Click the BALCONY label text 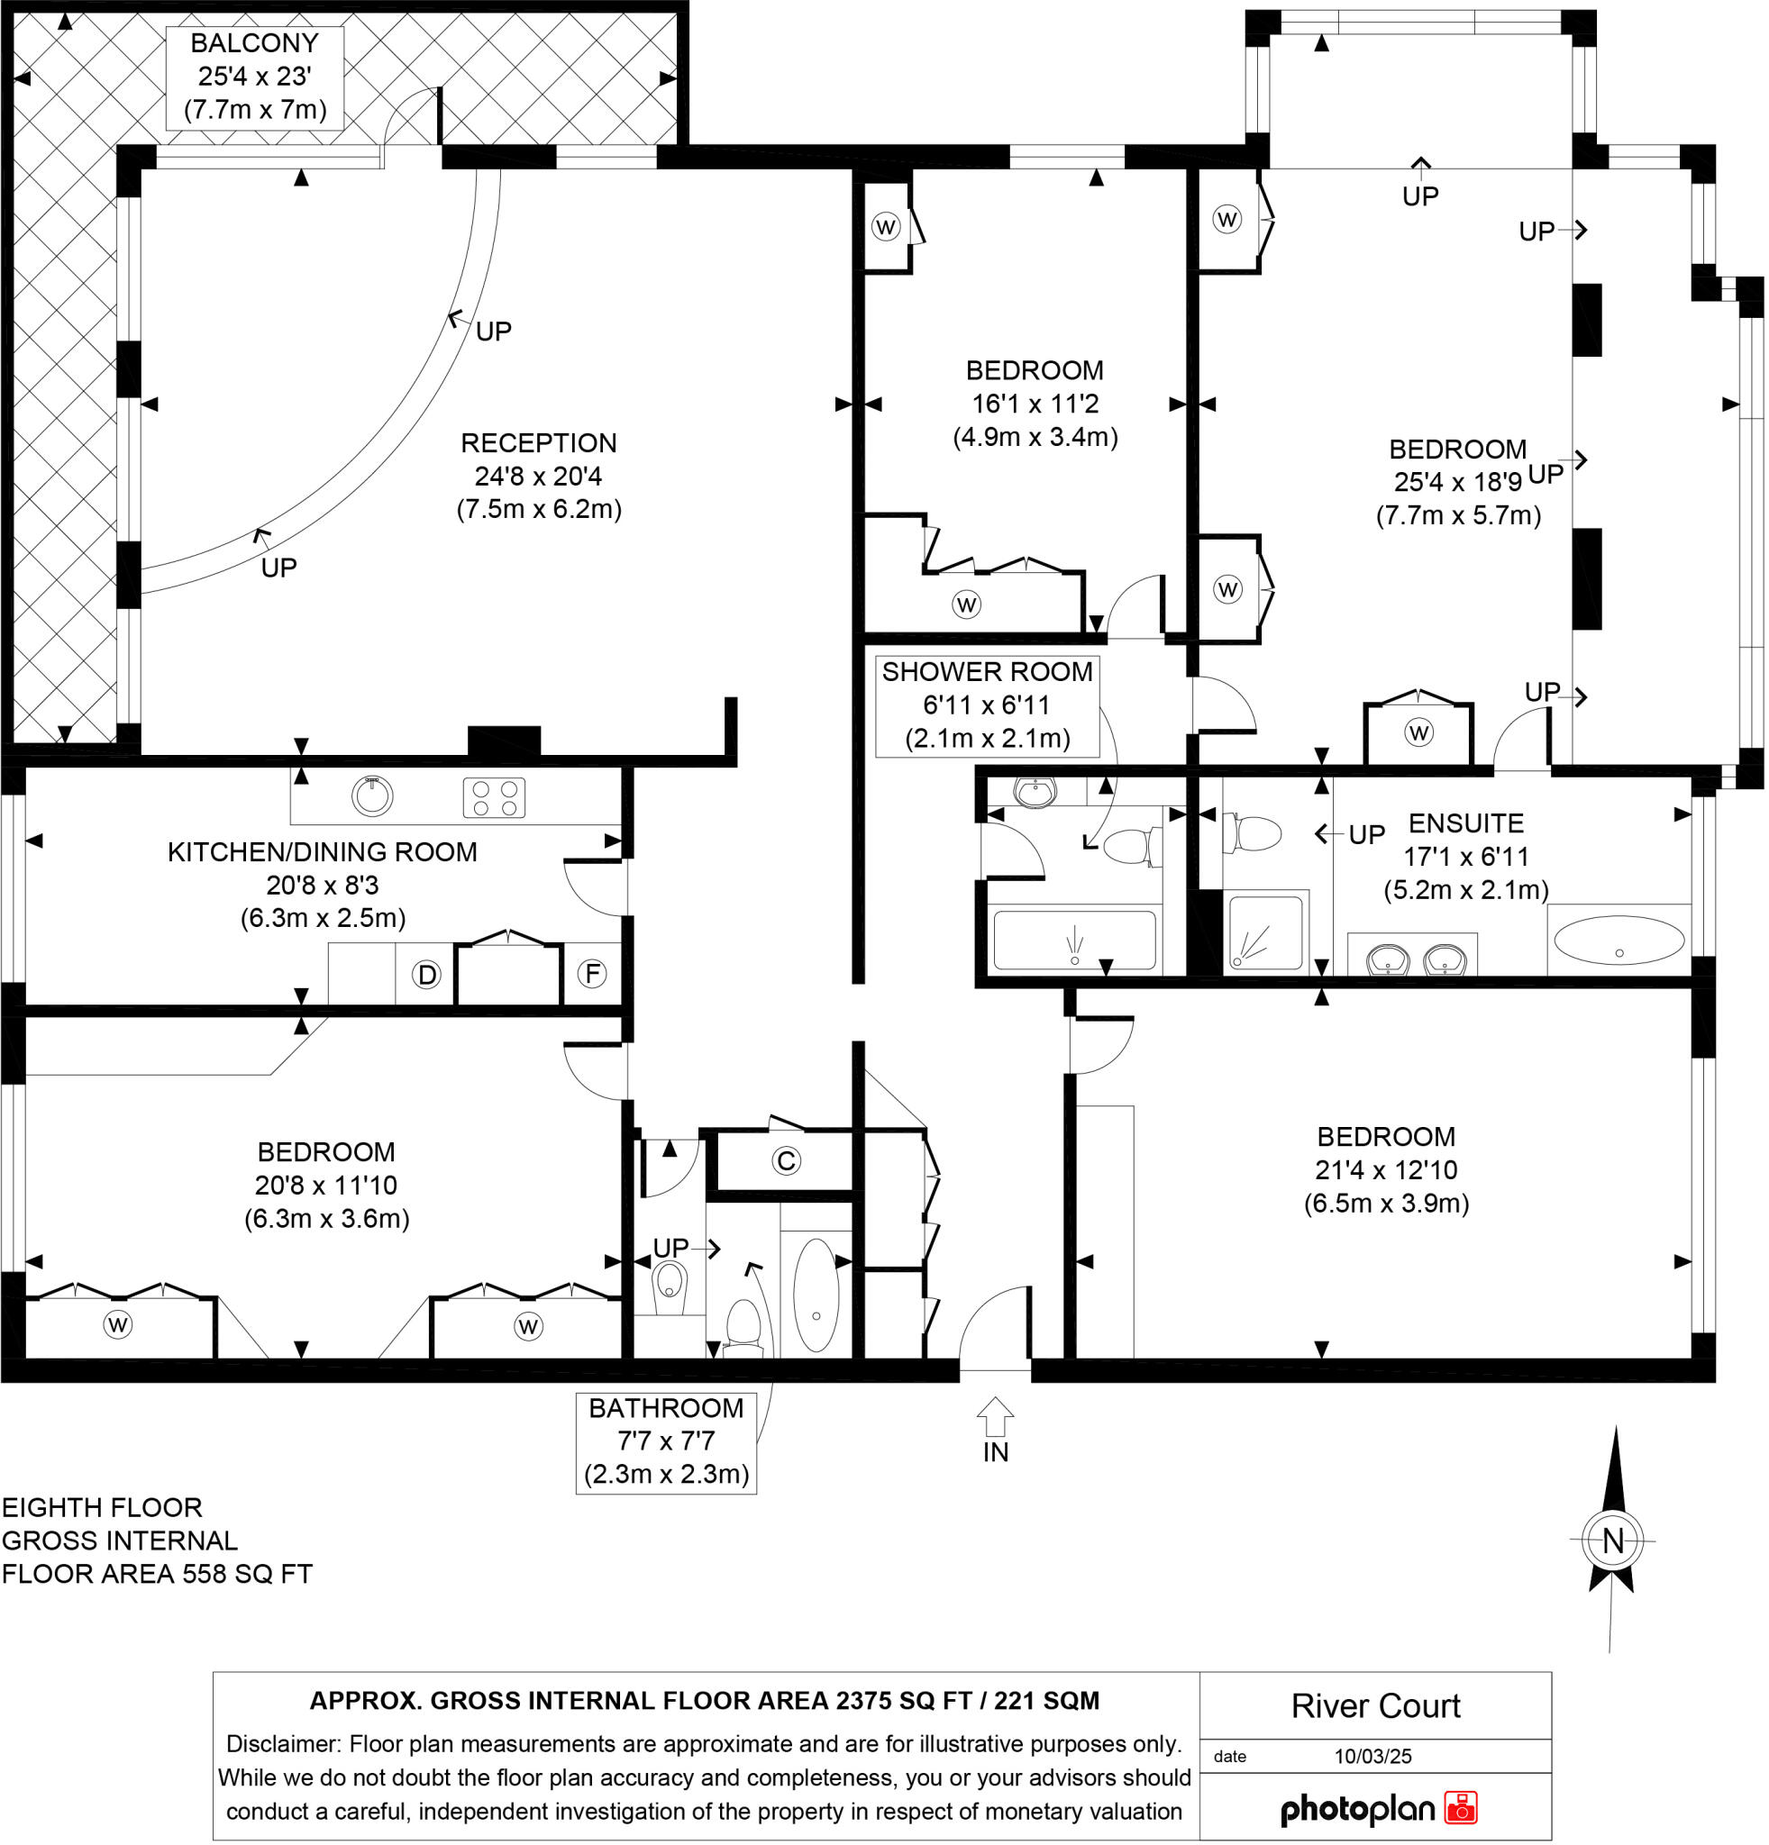pos(254,43)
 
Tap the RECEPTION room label pos(539,442)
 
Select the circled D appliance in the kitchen pos(426,974)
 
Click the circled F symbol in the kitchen pos(592,972)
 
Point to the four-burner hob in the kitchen pos(494,797)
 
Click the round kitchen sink pos(373,795)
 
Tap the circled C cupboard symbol pos(786,1160)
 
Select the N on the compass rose pos(1613,1541)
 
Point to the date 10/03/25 pos(1372,1756)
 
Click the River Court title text pos(1374,1705)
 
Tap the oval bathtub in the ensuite pos(1619,940)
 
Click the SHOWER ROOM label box pos(987,705)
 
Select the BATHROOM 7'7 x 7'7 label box pos(666,1441)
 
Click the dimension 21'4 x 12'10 pos(1386,1169)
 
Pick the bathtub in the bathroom pos(816,1295)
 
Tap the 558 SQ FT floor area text pos(247,1573)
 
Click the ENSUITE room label pos(1465,823)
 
